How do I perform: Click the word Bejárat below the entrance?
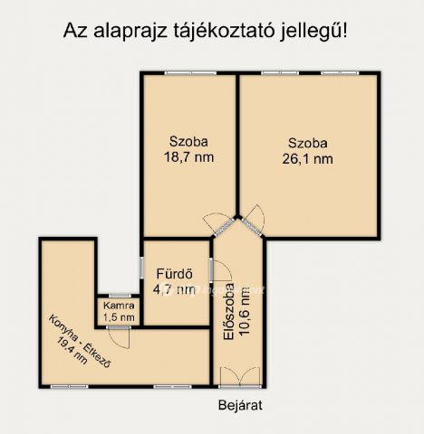pyautogui.click(x=239, y=404)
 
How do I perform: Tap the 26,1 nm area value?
pyautogui.click(x=307, y=159)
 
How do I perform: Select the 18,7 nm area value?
pyautogui.click(x=188, y=157)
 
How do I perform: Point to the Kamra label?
pyautogui.click(x=119, y=305)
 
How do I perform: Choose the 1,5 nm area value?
pyautogui.click(x=119, y=316)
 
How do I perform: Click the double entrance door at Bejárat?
pyautogui.click(x=240, y=374)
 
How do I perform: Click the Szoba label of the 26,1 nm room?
pyautogui.click(x=307, y=142)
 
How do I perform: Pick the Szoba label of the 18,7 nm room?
pyautogui.click(x=188, y=141)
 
